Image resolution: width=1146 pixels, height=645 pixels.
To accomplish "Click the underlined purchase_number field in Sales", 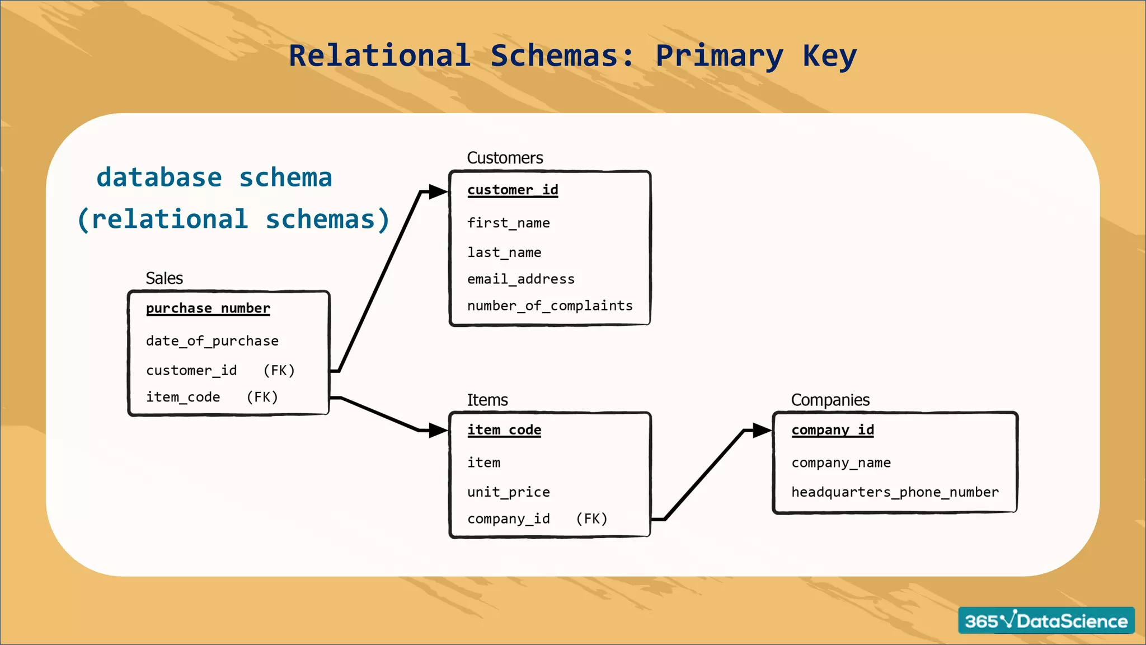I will pyautogui.click(x=208, y=309).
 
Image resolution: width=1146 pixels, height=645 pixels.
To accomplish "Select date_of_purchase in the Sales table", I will pyautogui.click(x=212, y=341).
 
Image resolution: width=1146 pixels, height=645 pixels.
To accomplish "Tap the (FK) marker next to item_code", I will pyautogui.click(x=262, y=397).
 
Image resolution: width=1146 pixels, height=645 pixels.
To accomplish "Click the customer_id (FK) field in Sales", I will pyautogui.click(x=191, y=371).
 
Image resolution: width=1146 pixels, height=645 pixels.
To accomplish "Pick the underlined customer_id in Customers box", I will pyautogui.click(x=513, y=190).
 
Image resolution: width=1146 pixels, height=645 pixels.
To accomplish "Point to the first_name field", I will pyautogui.click(x=508, y=223).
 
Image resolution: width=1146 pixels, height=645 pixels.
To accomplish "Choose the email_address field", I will pyautogui.click(x=520, y=279).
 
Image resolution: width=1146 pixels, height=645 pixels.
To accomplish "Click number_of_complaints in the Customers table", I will pyautogui.click(x=549, y=306).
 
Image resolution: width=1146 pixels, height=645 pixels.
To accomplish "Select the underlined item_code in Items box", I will pyautogui.click(x=504, y=430).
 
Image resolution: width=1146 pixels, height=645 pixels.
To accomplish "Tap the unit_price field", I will pyautogui.click(x=508, y=492).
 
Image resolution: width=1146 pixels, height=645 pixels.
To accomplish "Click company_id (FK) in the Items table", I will pyautogui.click(x=508, y=519).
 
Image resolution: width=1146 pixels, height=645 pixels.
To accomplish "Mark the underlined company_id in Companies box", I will pyautogui.click(x=832, y=430).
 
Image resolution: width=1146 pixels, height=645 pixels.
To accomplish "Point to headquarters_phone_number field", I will pyautogui.click(x=894, y=492).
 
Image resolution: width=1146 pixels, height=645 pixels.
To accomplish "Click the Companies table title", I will pyautogui.click(x=830, y=400).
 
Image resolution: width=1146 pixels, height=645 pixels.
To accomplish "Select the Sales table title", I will pyautogui.click(x=164, y=278).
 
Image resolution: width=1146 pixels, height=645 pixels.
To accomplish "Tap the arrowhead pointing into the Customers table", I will pyautogui.click(x=438, y=191).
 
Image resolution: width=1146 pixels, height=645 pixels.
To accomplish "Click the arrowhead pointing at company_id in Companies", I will pyautogui.click(x=762, y=430).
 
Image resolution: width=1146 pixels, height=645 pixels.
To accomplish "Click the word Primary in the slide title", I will pyautogui.click(x=719, y=56).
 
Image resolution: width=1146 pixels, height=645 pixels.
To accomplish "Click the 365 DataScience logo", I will pyautogui.click(x=1045, y=620).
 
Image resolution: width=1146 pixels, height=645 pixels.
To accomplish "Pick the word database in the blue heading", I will pyautogui.click(x=159, y=177).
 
